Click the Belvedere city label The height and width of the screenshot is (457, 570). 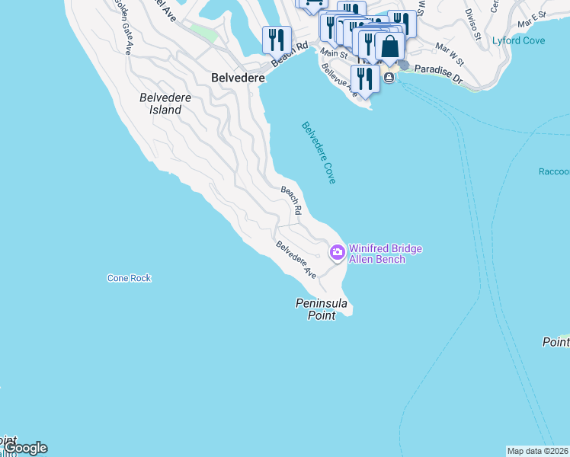(238, 78)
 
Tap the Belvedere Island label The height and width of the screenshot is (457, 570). (160, 104)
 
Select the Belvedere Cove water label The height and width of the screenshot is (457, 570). (319, 152)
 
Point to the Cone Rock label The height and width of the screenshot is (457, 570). (129, 278)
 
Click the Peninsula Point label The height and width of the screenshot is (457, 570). (322, 309)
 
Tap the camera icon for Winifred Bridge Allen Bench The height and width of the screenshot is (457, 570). (337, 251)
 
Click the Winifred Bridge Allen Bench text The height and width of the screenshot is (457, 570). (385, 254)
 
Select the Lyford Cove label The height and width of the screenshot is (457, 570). (518, 40)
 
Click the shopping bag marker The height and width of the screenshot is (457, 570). (389, 47)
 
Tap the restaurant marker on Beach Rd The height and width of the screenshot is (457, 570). (276, 39)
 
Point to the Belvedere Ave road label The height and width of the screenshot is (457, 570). (296, 259)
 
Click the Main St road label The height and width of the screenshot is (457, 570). (334, 54)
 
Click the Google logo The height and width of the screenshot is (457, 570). (25, 448)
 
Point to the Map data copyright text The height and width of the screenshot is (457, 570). (537, 451)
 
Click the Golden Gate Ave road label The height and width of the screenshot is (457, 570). (127, 34)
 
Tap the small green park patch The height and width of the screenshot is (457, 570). (203, 33)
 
